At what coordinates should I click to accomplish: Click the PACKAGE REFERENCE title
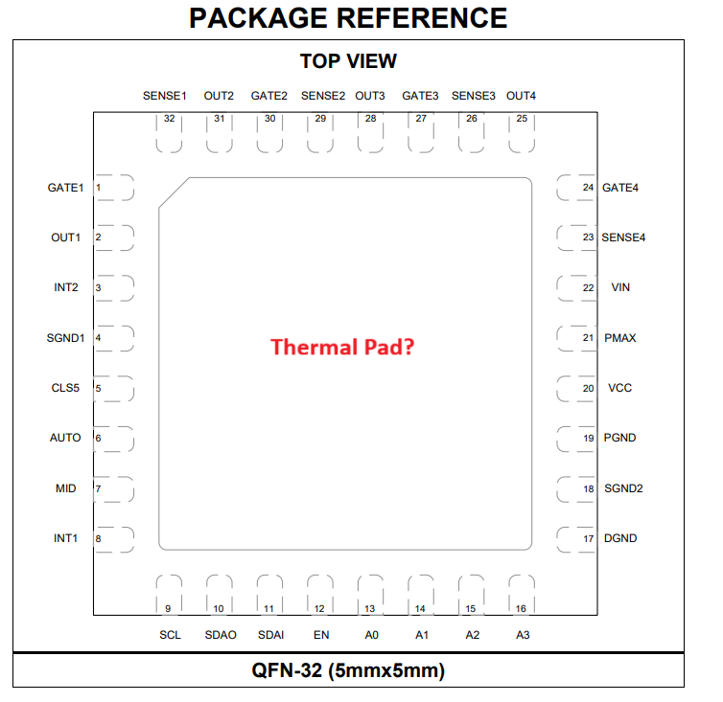pyautogui.click(x=348, y=18)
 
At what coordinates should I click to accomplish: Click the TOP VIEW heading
pyautogui.click(x=348, y=61)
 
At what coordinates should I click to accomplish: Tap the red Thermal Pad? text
pyautogui.click(x=342, y=347)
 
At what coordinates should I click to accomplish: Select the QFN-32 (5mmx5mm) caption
pyautogui.click(x=348, y=670)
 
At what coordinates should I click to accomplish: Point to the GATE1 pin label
pyautogui.click(x=66, y=188)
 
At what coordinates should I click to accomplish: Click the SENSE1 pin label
pyautogui.click(x=165, y=96)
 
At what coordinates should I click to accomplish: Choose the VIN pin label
pyautogui.click(x=620, y=287)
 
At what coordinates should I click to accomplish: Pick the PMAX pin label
pyautogui.click(x=620, y=338)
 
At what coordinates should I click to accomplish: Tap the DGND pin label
pyautogui.click(x=620, y=538)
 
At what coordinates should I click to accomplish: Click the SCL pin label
pyautogui.click(x=170, y=635)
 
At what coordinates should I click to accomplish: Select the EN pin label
pyautogui.click(x=320, y=635)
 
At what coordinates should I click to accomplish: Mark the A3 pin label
pyautogui.click(x=523, y=635)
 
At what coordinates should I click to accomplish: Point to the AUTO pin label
pyautogui.click(x=65, y=438)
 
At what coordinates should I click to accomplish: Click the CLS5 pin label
pyautogui.click(x=65, y=388)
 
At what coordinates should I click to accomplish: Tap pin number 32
pyautogui.click(x=170, y=119)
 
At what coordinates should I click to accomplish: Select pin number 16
pyautogui.click(x=521, y=608)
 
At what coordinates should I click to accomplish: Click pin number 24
pyautogui.click(x=588, y=188)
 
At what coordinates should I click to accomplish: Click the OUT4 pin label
pyautogui.click(x=522, y=96)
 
